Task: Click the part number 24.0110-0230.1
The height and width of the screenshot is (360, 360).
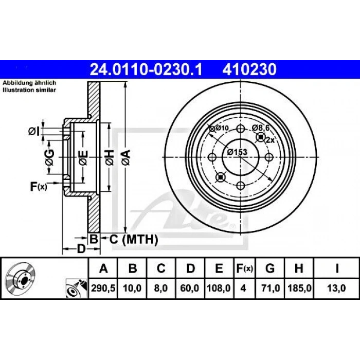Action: [x=146, y=69]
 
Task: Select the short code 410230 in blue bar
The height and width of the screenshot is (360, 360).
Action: [x=249, y=69]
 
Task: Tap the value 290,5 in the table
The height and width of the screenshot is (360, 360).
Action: [x=103, y=288]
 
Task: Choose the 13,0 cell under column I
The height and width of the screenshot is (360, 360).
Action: [x=336, y=288]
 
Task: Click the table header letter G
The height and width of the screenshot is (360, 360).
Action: [x=270, y=268]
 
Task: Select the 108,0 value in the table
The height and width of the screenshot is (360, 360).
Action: [x=219, y=288]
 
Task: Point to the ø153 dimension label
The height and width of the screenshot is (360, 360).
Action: [x=237, y=152]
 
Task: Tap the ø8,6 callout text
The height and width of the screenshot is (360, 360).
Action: [x=261, y=128]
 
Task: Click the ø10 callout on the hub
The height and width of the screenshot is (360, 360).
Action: [x=219, y=128]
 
